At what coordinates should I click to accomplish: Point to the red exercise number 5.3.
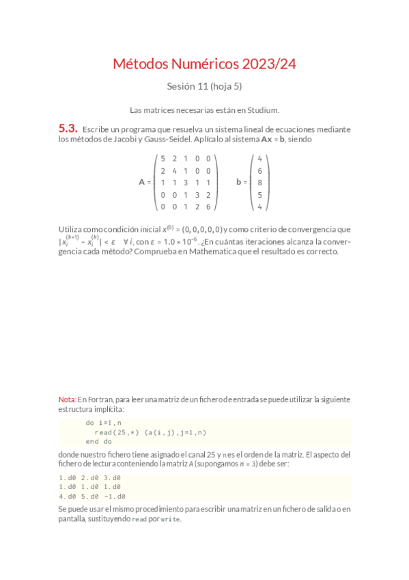68,129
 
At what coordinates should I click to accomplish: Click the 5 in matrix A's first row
162,158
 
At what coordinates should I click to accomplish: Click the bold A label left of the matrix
142,183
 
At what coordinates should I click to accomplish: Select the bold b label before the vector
239,183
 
